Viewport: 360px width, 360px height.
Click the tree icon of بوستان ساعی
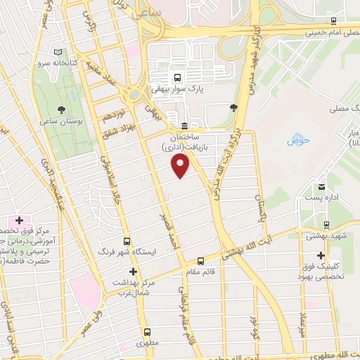click(61, 110)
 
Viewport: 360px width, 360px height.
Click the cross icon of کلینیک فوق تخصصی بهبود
click(321, 255)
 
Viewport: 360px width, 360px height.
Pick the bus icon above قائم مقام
click(200, 260)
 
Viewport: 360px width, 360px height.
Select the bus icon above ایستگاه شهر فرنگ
click(127, 240)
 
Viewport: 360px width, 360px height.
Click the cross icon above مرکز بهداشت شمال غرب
click(132, 271)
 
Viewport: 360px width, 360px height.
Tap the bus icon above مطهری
click(147, 332)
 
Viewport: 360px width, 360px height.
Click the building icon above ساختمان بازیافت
click(184, 123)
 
